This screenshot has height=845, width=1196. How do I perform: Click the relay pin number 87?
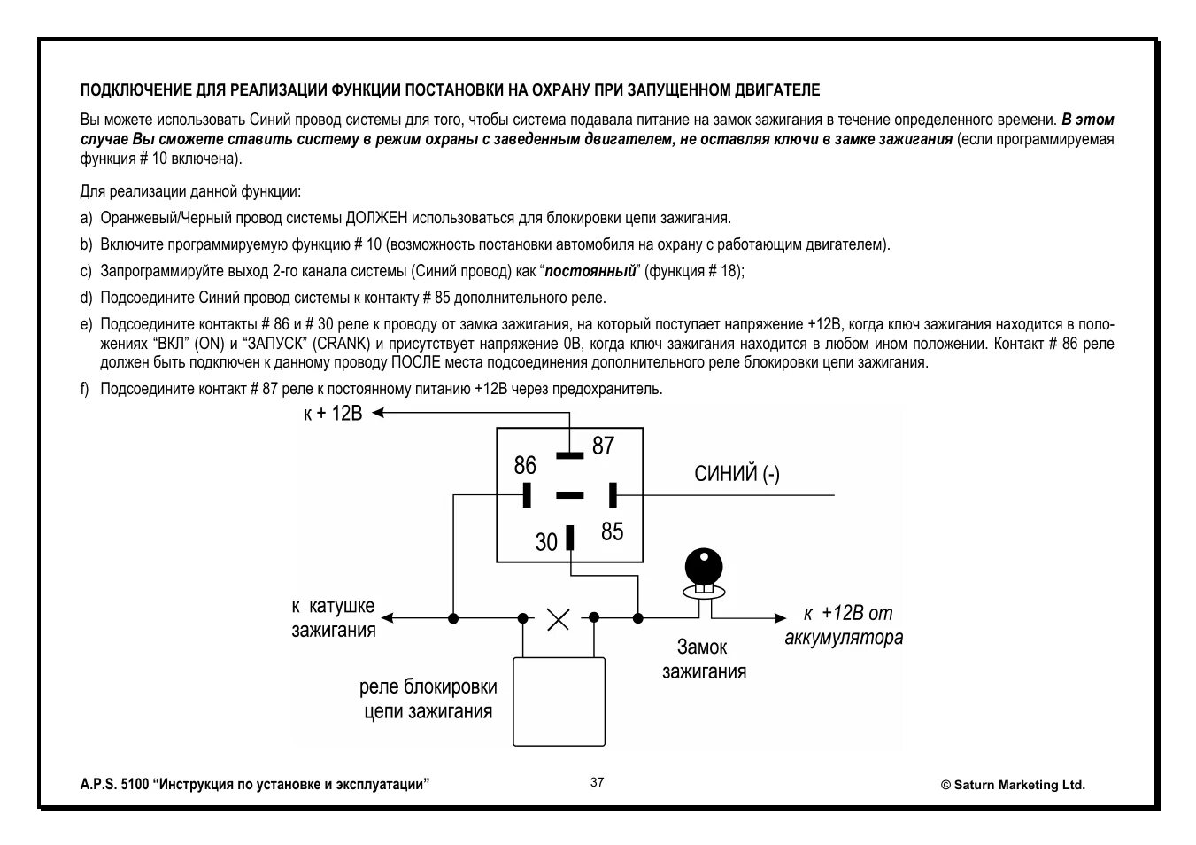(x=603, y=446)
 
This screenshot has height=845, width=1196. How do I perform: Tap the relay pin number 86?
(x=525, y=465)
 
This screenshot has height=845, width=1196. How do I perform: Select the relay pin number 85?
(x=612, y=531)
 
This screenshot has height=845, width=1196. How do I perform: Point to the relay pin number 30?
(x=546, y=541)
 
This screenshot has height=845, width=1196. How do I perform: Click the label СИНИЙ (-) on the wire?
(x=737, y=474)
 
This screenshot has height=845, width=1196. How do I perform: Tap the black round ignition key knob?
(x=704, y=563)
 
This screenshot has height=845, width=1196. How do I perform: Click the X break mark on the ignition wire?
(x=558, y=618)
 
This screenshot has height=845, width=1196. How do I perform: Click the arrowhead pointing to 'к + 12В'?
(x=379, y=412)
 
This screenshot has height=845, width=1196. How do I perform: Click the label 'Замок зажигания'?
(x=704, y=659)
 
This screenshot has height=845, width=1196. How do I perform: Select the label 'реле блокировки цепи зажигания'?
(x=428, y=699)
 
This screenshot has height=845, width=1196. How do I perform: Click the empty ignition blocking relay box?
(x=559, y=701)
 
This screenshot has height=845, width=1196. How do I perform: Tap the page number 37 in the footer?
(x=598, y=782)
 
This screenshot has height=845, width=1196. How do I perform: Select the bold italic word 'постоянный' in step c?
(x=590, y=271)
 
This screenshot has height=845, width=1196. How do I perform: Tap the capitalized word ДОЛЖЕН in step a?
(x=377, y=218)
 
